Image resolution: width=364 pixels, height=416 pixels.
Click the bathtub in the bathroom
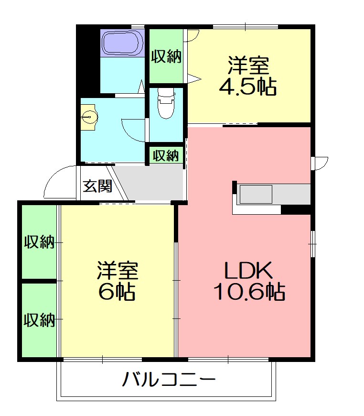click(123, 43)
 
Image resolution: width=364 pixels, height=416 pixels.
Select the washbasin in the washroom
click(89, 116)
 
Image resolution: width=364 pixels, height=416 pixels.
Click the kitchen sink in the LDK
click(256, 194)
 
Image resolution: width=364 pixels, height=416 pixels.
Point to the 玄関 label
click(97, 185)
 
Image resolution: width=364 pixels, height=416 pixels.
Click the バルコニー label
click(169, 381)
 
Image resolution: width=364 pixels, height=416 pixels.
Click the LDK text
click(249, 271)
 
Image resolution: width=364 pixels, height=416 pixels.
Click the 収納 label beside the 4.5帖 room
click(166, 56)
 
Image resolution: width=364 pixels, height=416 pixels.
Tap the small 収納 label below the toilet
click(166, 155)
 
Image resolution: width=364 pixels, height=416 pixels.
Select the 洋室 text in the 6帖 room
click(117, 271)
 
